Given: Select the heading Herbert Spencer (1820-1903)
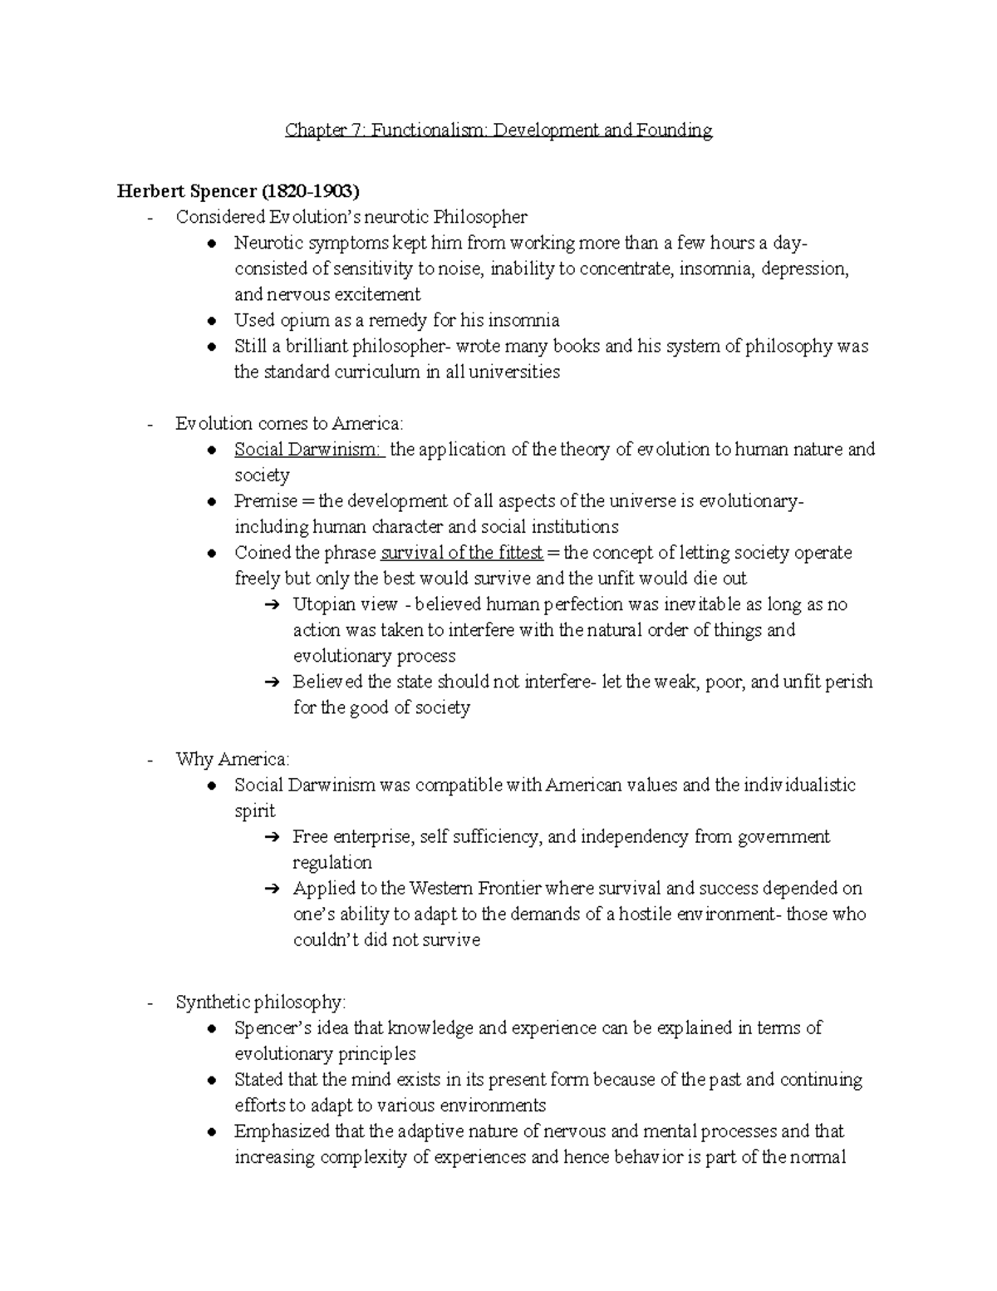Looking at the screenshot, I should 238,191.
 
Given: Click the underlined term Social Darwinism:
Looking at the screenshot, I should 308,450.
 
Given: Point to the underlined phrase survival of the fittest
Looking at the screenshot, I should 461,553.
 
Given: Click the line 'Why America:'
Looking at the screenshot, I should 233,759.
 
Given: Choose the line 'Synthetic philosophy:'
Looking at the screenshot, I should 260,1002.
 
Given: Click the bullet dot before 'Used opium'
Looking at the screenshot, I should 214,321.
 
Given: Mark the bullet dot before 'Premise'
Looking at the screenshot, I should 214,502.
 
